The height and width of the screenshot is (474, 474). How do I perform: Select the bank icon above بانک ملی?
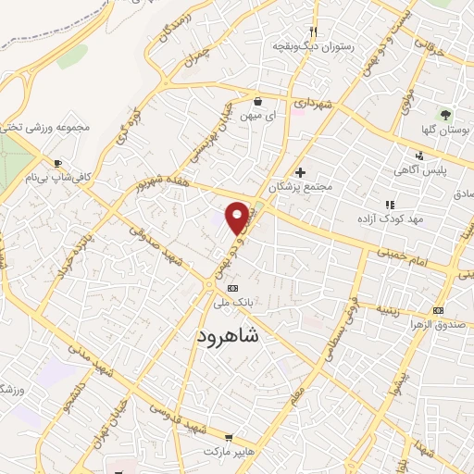[232, 288]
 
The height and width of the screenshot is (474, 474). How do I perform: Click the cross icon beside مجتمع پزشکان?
[299, 172]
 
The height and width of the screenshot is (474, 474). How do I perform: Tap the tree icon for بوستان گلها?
[445, 115]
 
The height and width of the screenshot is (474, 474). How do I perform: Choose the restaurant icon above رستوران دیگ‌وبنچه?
[315, 31]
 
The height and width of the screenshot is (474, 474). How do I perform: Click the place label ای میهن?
[256, 117]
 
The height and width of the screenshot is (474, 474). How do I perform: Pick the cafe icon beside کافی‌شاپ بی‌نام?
[58, 163]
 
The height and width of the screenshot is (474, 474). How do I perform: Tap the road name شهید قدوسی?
[175, 411]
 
